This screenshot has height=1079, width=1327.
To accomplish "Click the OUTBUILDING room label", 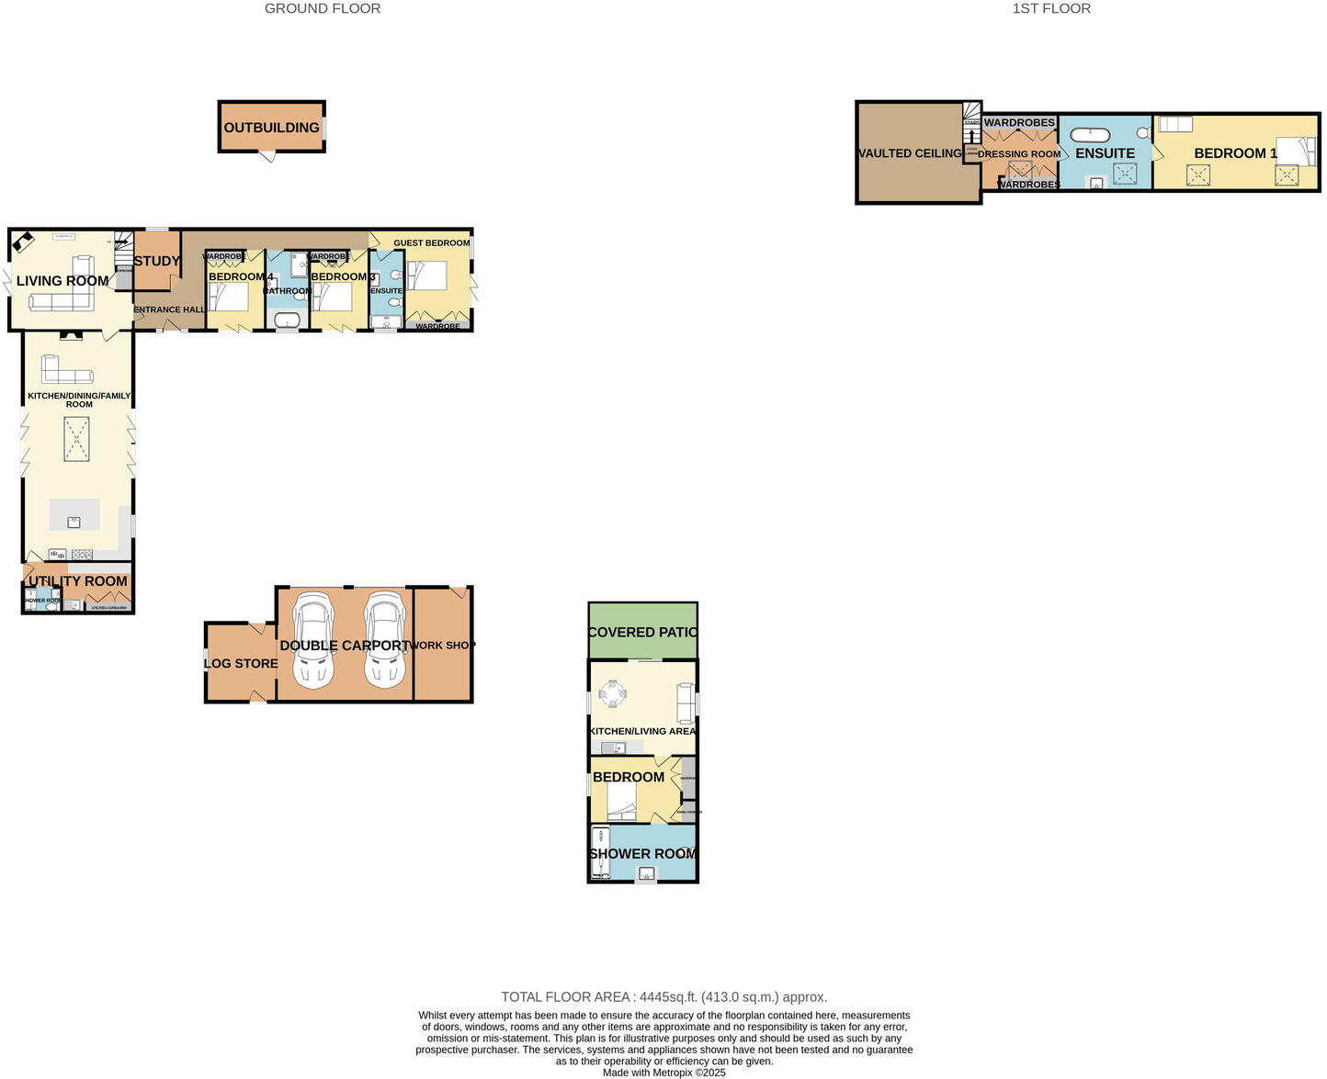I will point(271,128).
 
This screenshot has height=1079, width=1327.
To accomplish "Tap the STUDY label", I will point(157,261).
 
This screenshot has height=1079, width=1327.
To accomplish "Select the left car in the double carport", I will point(312,640).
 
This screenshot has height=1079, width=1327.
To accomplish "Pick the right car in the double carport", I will point(384,640).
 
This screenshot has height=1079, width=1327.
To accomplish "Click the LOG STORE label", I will point(241,663).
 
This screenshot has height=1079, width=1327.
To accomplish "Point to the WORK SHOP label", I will point(442,646).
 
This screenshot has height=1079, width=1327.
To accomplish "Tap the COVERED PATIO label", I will point(642,633).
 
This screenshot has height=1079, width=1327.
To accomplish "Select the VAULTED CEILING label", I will point(910,153).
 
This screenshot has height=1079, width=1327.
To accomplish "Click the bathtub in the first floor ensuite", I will point(1090,133).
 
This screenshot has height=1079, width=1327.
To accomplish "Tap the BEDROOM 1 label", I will point(1235,153).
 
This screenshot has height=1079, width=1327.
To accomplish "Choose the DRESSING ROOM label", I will point(1019,154).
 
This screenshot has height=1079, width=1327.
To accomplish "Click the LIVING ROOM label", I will point(62,281).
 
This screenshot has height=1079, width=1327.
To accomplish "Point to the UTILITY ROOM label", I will point(78,581).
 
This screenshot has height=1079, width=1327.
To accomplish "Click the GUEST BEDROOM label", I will point(431,243).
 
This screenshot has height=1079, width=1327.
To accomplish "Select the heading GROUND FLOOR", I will point(323,8).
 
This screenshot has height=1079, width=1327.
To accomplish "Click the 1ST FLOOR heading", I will point(1051,8).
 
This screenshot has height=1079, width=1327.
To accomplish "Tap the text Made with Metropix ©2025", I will point(663,1073).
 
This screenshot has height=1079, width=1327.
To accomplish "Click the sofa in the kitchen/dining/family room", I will point(67,370).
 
